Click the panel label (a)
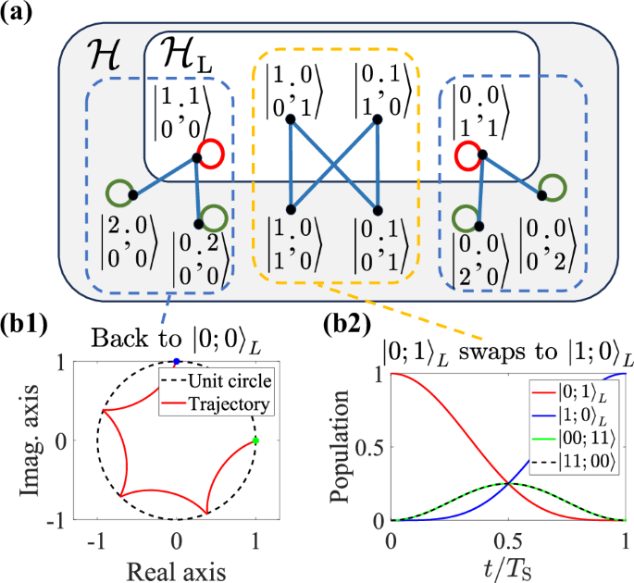pos(19,13)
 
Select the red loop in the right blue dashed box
pos(470,154)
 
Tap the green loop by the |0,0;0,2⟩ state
pos(553,185)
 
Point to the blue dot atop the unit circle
pos(177,361)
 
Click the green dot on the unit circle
pos(255,440)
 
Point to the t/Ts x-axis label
pos(509,565)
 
